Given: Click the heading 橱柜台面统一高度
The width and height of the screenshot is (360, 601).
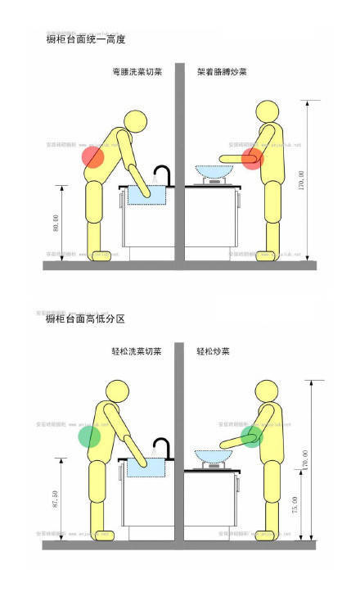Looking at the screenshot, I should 86,38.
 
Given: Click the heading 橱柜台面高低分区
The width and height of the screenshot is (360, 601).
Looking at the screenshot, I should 86,318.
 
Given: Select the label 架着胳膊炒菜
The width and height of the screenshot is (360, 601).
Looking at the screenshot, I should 222,72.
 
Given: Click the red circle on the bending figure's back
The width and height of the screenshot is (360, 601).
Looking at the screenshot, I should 92,156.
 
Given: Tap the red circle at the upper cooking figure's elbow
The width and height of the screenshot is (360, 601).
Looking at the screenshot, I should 252,158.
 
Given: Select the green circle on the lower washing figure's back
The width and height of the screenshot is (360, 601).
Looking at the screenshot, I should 89,436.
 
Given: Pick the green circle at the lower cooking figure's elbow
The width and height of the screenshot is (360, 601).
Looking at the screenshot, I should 252,436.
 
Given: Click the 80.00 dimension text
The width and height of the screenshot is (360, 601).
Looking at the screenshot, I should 55,224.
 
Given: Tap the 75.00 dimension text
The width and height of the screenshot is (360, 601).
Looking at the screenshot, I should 295,506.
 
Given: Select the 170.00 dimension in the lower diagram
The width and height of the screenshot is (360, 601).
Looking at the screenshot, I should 305,459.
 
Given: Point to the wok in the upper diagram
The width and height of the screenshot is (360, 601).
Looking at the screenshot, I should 214,171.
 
